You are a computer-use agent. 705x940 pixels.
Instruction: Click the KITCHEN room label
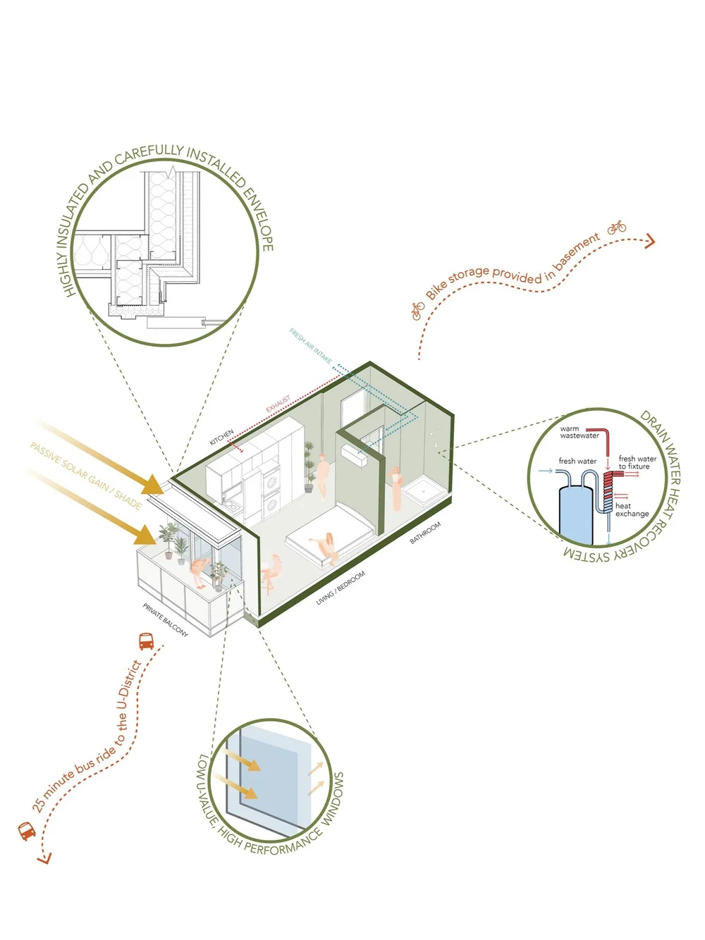coord(221,437)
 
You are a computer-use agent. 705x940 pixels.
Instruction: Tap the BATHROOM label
coord(426,533)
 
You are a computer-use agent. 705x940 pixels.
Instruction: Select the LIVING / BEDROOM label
coord(341,589)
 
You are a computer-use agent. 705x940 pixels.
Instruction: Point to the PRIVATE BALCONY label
coord(166,620)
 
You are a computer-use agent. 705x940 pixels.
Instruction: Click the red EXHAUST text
coord(278,404)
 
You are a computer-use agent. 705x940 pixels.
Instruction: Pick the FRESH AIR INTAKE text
coord(310,346)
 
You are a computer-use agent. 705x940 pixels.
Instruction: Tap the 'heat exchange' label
coord(631,509)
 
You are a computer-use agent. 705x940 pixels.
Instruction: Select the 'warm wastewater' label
coord(579,432)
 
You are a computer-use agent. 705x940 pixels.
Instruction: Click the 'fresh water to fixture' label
coord(637,462)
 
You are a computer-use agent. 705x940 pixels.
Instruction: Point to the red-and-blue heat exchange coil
coord(608,493)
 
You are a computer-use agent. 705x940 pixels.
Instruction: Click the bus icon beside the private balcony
coord(146,641)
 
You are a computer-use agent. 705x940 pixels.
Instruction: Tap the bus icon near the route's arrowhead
coord(27,831)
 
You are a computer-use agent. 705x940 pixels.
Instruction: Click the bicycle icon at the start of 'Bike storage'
coord(418,310)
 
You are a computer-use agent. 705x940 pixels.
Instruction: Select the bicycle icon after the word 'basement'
coord(617,227)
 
